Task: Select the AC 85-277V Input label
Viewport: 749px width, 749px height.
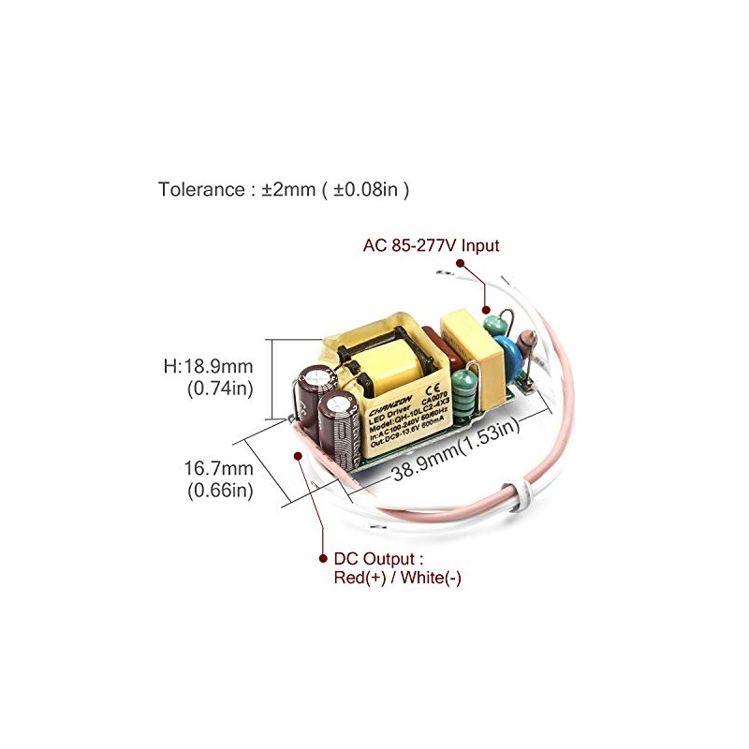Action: coord(431,246)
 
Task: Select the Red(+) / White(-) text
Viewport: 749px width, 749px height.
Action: coord(397,579)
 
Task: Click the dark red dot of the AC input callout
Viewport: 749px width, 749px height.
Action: coord(486,308)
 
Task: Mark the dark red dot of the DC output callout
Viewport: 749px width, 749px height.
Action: coord(299,456)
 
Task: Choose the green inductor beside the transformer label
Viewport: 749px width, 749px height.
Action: coord(463,386)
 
